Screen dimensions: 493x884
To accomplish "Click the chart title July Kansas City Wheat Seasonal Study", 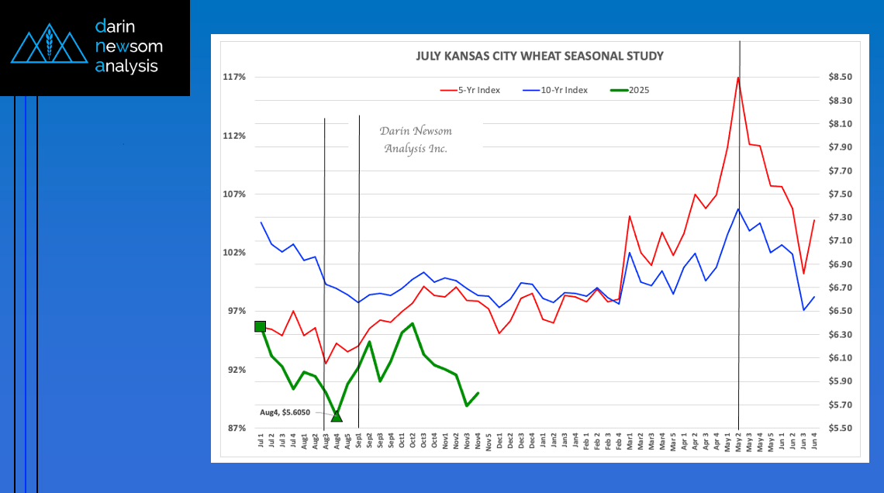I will tap(540, 56).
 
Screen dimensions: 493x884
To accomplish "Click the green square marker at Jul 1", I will tap(261, 326).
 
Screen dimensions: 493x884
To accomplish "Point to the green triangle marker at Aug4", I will tap(337, 416).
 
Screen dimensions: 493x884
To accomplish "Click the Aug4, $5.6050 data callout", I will tap(285, 412).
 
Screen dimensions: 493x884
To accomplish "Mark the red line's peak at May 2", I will tap(738, 78).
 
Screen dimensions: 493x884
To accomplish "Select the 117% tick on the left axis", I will tap(234, 77).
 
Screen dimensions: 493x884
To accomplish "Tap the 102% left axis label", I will tap(234, 253).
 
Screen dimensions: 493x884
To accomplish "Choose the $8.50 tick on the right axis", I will tap(840, 77).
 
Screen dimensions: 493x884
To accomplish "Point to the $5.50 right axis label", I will tap(840, 428).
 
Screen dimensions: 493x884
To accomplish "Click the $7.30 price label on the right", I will tap(840, 218).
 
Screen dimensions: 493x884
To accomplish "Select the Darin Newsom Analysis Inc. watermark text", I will tap(417, 140).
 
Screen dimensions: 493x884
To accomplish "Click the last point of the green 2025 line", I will tap(478, 393).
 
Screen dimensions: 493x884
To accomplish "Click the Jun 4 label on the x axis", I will tap(814, 443).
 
